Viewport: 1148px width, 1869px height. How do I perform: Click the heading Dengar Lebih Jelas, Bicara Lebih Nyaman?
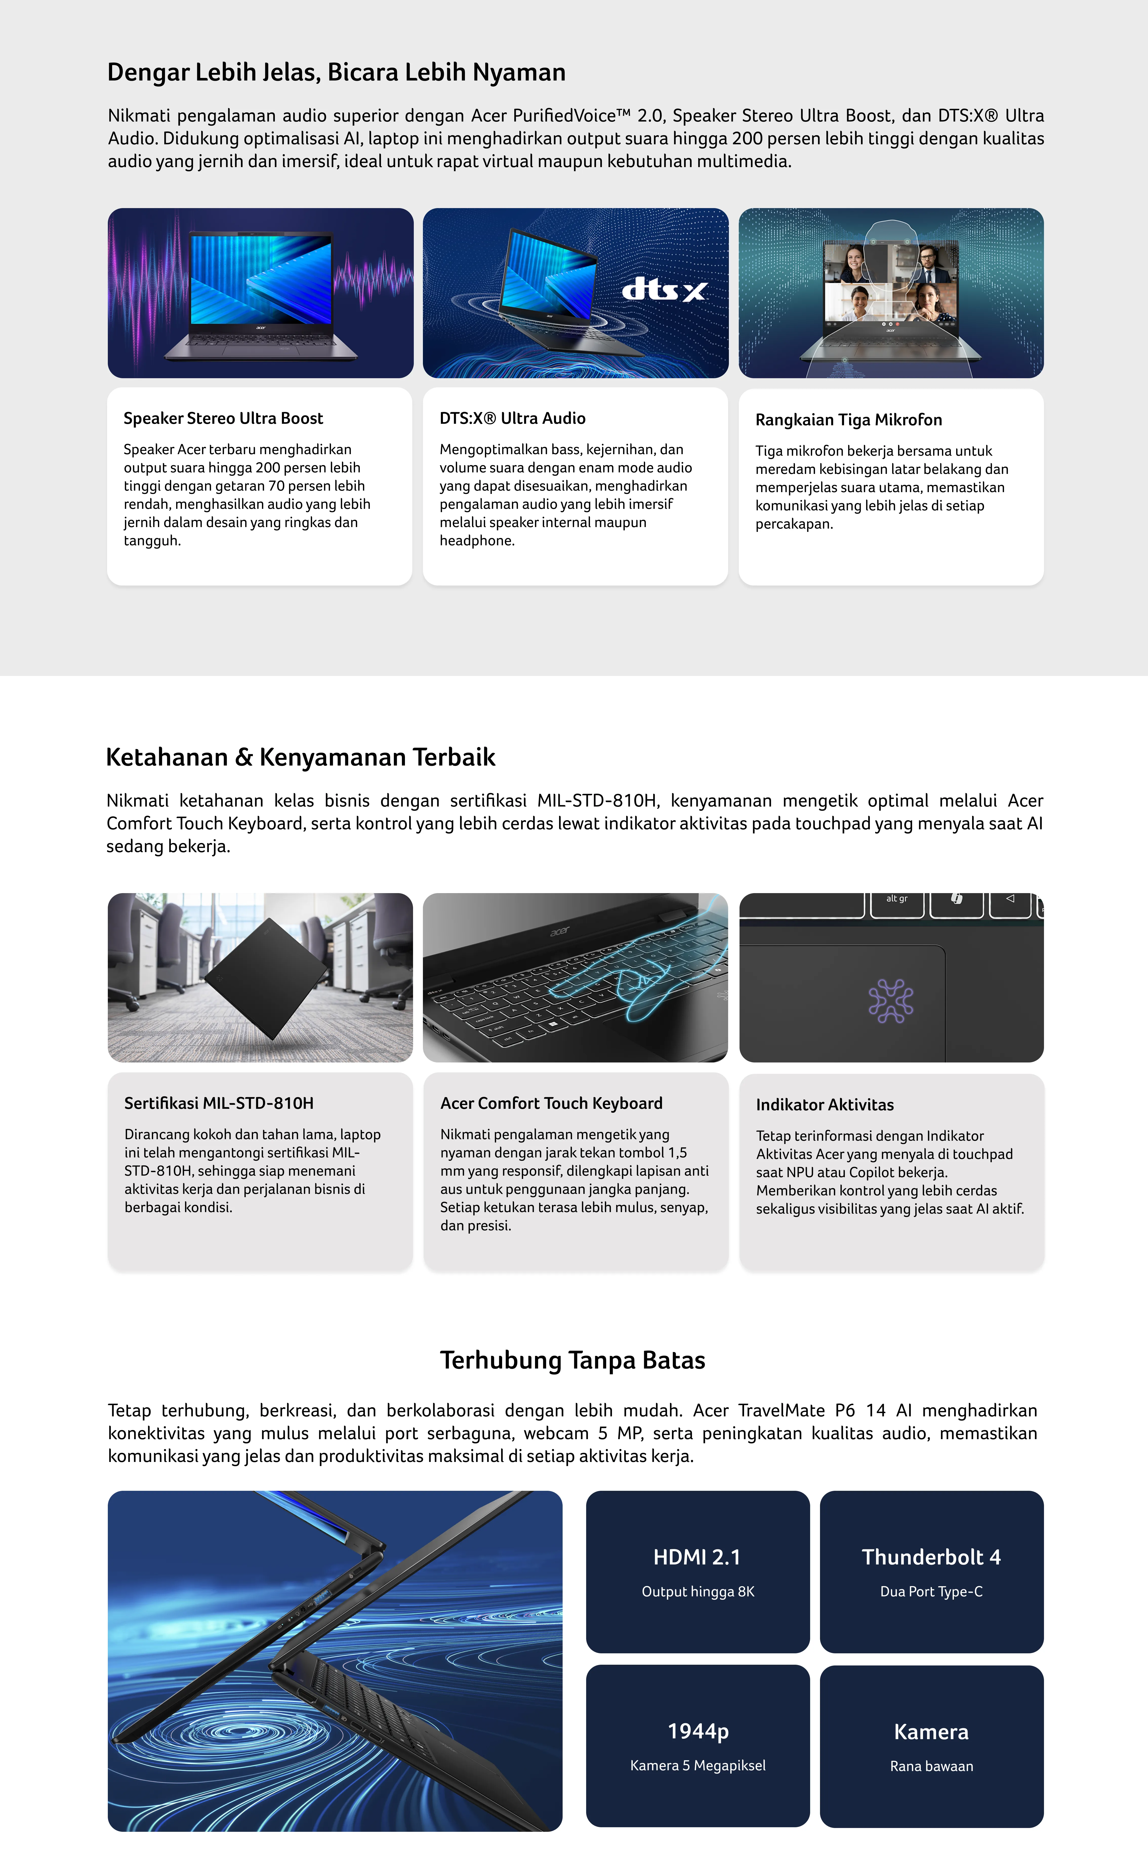pyautogui.click(x=336, y=72)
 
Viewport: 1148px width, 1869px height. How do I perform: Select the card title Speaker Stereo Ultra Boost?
pyautogui.click(x=223, y=418)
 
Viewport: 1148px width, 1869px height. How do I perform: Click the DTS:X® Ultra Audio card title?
pyautogui.click(x=512, y=418)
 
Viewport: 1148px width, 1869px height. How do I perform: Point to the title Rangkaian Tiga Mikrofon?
pyautogui.click(x=848, y=420)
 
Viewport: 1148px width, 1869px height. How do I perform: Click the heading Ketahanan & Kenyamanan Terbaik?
pyautogui.click(x=301, y=757)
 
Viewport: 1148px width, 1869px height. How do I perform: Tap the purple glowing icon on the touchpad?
pyautogui.click(x=891, y=1001)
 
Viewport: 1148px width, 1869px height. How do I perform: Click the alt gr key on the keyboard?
pyautogui.click(x=897, y=899)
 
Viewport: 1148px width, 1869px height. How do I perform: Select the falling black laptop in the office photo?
pyautogui.click(x=266, y=978)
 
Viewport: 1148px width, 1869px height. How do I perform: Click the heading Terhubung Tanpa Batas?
pyautogui.click(x=572, y=1360)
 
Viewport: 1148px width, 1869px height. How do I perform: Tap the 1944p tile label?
pyautogui.click(x=698, y=1732)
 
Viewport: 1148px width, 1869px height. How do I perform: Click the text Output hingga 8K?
pyautogui.click(x=698, y=1592)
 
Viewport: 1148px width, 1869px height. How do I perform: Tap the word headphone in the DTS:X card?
pyautogui.click(x=477, y=541)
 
